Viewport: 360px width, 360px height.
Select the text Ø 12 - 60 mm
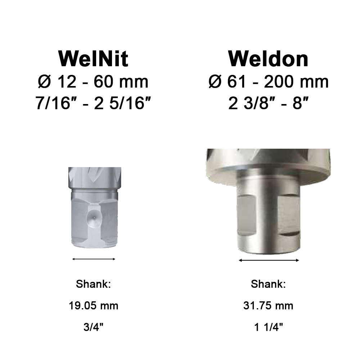[x=93, y=82]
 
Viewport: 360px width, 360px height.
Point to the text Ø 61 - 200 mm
[x=268, y=82]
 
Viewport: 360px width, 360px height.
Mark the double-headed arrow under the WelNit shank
[x=94, y=258]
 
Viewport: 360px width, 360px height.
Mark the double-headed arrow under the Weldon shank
[x=269, y=260]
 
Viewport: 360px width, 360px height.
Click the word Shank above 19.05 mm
[x=93, y=284]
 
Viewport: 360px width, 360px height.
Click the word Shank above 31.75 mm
[x=268, y=284]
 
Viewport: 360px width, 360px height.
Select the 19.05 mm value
[x=93, y=306]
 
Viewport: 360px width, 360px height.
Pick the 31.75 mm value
[x=268, y=306]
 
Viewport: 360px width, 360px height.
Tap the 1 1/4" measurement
[x=268, y=328]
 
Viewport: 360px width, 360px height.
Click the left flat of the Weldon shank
[x=247, y=214]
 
